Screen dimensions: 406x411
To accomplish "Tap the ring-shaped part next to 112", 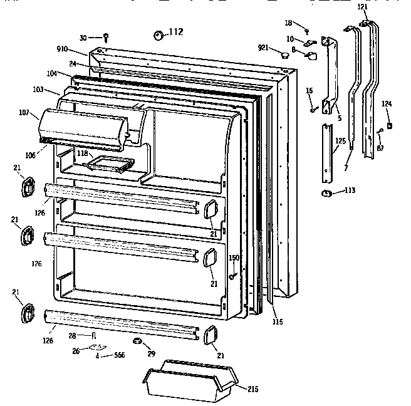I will (x=158, y=34).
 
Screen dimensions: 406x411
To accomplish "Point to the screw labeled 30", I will (x=107, y=37).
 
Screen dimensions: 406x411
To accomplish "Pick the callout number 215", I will (x=252, y=389).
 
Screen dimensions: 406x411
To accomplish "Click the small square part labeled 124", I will (x=390, y=125).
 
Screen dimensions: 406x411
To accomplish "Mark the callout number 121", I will (x=363, y=6).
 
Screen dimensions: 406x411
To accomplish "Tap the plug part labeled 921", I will (x=285, y=56).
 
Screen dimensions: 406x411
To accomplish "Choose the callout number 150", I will (x=234, y=258).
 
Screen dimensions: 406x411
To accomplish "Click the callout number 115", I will (x=278, y=322).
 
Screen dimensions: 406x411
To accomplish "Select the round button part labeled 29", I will (x=137, y=341).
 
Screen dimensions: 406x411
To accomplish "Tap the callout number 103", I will (x=38, y=90).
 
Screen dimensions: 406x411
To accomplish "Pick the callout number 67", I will (x=380, y=148).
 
